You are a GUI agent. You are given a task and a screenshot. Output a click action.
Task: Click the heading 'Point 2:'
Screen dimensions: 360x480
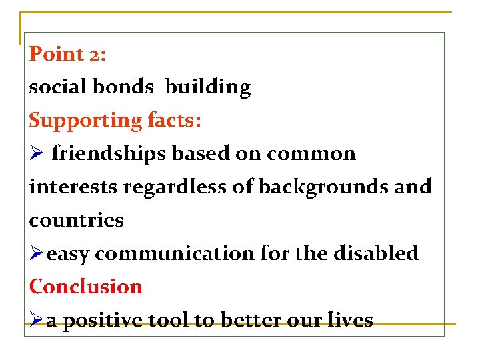pyautogui.click(x=67, y=54)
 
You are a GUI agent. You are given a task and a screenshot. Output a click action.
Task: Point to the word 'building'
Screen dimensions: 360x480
pyautogui.click(x=207, y=87)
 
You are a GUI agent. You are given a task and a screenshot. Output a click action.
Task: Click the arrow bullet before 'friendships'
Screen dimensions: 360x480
pyautogui.click(x=36, y=154)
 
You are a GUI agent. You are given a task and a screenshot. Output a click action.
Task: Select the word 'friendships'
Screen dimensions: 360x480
pyautogui.click(x=110, y=154)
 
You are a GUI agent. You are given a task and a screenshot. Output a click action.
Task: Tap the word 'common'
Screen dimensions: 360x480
pyautogui.click(x=311, y=154)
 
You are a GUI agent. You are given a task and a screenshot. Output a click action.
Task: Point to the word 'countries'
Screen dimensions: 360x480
pyautogui.click(x=76, y=220)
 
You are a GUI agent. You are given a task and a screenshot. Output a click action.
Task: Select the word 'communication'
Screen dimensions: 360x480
pyautogui.click(x=170, y=253)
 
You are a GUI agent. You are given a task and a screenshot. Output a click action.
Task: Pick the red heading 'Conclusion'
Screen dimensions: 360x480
pyautogui.click(x=86, y=287)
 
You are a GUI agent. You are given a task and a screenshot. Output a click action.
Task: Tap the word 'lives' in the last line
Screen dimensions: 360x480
pyautogui.click(x=352, y=320)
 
